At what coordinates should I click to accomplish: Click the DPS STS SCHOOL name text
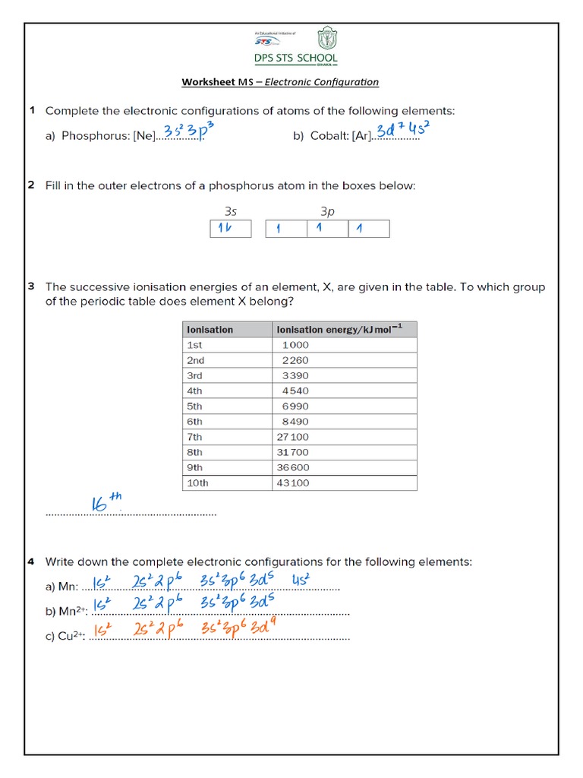pos(296,59)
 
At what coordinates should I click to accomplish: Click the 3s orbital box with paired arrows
pos(230,229)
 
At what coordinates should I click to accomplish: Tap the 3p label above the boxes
pos(327,213)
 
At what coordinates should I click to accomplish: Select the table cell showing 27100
pos(295,437)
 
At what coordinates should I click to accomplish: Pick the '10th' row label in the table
pos(197,482)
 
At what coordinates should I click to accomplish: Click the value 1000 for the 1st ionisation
pos(295,345)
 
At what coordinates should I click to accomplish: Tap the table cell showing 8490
pos(295,422)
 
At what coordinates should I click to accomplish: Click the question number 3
pos(31,286)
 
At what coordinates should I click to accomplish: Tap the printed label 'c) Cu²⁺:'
pos(66,637)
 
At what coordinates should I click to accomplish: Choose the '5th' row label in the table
pos(195,406)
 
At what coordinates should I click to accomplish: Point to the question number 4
pos(31,562)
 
